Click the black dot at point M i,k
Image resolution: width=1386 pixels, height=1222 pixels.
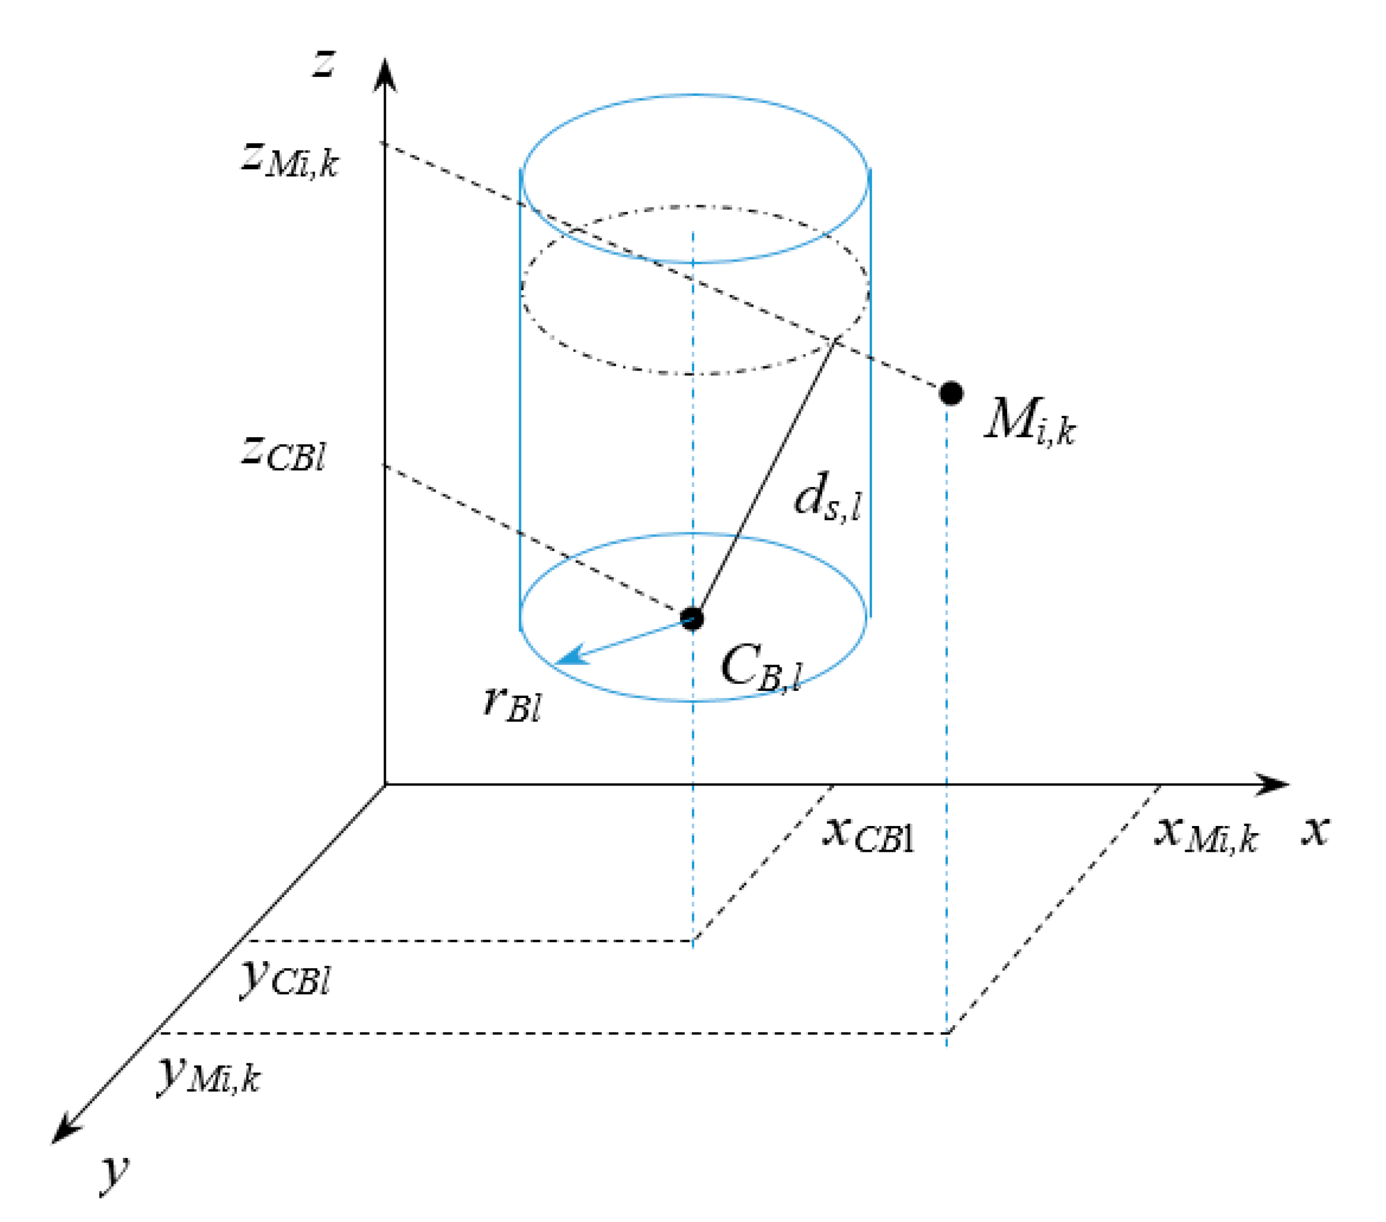(x=951, y=393)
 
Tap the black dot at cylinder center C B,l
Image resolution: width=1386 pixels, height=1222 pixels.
(x=692, y=618)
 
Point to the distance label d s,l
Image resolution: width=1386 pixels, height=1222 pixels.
(x=828, y=499)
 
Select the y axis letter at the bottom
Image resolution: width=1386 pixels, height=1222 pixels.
(x=114, y=1173)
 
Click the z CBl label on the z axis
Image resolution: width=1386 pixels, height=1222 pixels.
(x=284, y=452)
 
